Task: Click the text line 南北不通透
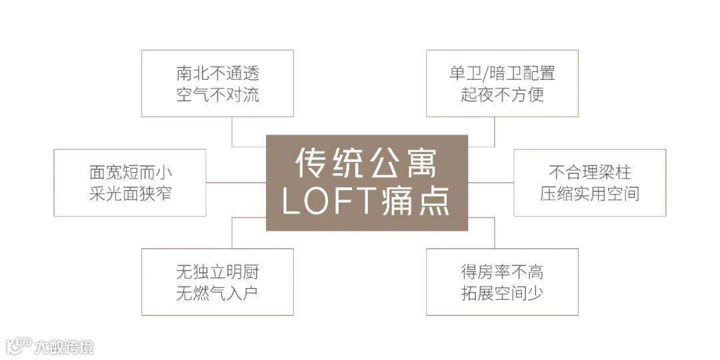217,73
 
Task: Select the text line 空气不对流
217,95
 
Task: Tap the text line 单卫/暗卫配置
502,73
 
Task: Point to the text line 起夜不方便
502,95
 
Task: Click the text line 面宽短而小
131,173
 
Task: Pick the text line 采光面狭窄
131,193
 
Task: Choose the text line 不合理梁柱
589,173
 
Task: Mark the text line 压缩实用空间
589,193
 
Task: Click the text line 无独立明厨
217,272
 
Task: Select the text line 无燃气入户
217,293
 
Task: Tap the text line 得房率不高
502,272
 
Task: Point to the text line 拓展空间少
502,293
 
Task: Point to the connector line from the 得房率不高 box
494,233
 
